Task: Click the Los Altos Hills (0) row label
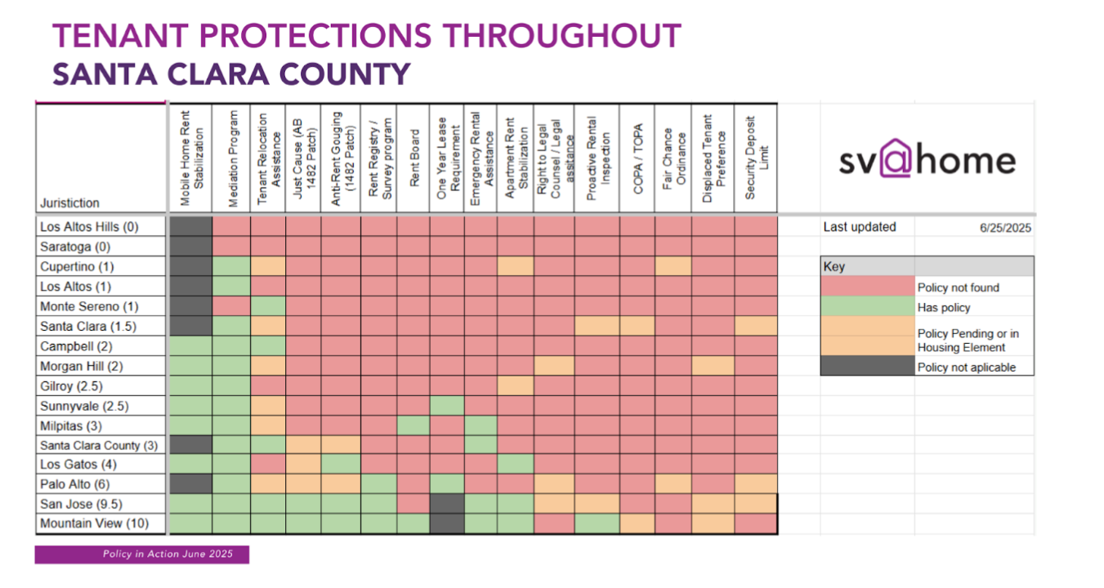click(x=90, y=227)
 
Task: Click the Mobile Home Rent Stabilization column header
click(x=190, y=158)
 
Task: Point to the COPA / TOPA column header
click(x=637, y=158)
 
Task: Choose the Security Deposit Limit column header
click(x=755, y=158)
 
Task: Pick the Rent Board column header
click(x=414, y=158)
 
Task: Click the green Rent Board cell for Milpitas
click(x=414, y=425)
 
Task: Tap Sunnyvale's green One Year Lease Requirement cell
click(x=447, y=405)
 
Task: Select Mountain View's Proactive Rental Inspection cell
click(x=597, y=523)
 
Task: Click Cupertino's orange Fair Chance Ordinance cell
click(x=673, y=267)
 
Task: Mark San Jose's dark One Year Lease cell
click(x=447, y=504)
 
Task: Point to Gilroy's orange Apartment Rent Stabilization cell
click(x=515, y=385)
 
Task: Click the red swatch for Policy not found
click(x=867, y=287)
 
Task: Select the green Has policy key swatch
click(x=867, y=307)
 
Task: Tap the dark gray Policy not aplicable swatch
click(x=867, y=367)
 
